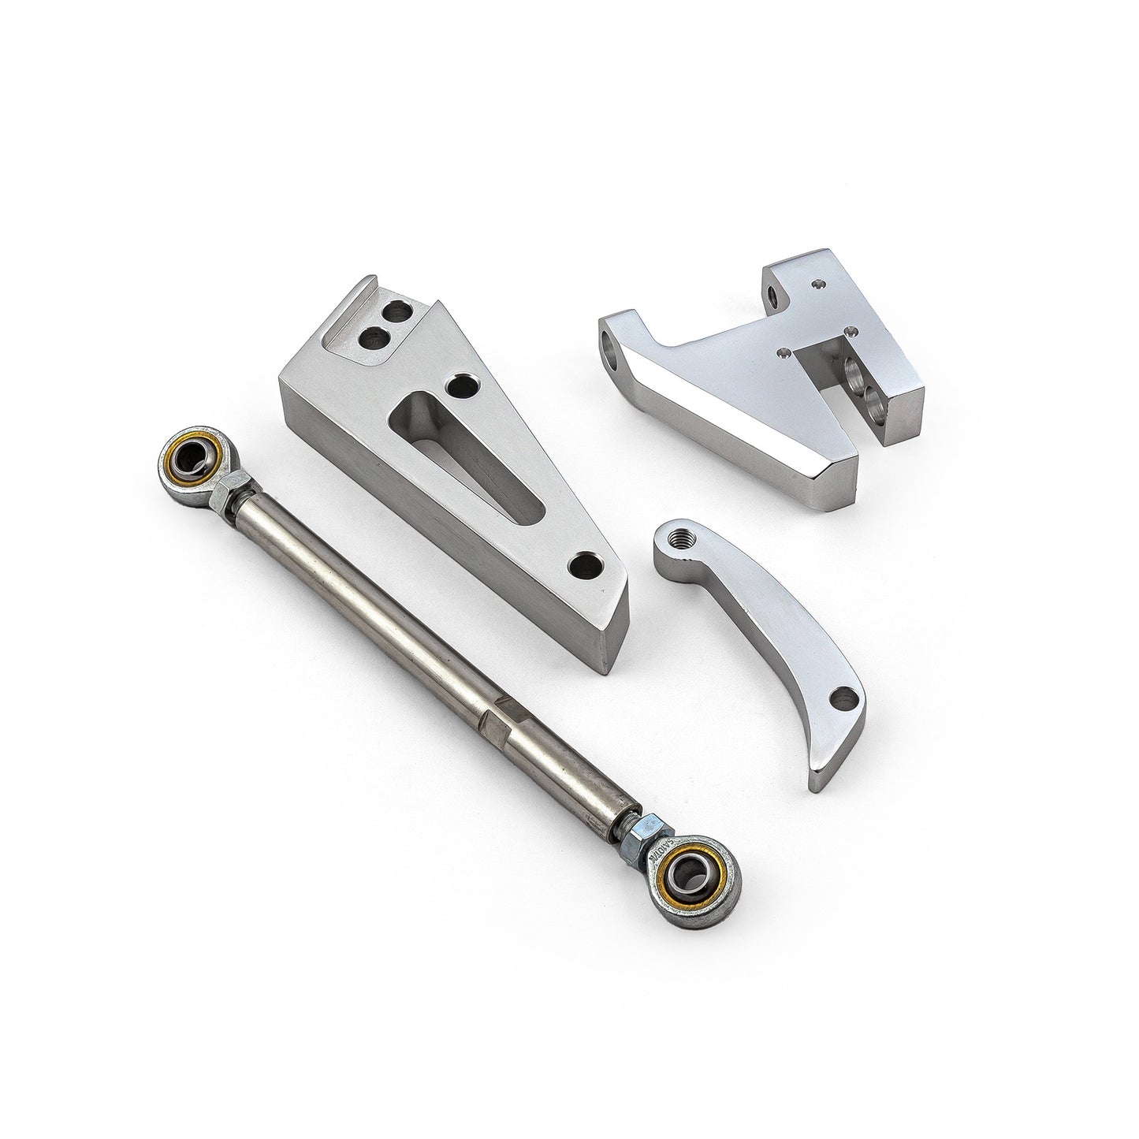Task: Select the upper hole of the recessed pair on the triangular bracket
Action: [x=396, y=315]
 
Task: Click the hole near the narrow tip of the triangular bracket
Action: [x=584, y=564]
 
